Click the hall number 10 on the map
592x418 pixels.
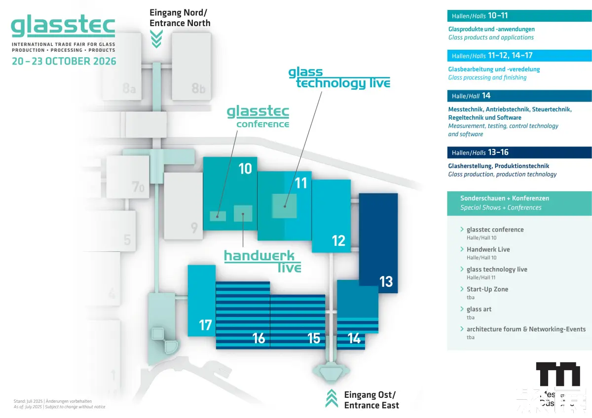(x=245, y=169)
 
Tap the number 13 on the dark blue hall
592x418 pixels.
(x=386, y=281)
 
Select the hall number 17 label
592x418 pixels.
(x=205, y=325)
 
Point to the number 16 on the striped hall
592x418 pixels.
(x=259, y=338)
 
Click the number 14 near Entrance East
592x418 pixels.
(x=354, y=339)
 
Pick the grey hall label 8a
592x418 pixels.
(x=129, y=89)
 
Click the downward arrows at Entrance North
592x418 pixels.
(x=156, y=39)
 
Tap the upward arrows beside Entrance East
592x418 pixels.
(x=332, y=398)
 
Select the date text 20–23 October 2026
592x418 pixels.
(x=64, y=62)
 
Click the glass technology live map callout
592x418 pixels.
(x=339, y=78)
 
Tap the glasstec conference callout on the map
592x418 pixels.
(x=258, y=117)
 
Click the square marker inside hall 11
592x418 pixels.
(x=284, y=206)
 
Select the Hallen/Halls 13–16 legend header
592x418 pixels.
(x=519, y=152)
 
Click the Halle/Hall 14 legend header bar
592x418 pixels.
(x=519, y=96)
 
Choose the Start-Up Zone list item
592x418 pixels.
(x=487, y=289)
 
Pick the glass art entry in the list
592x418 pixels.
(x=479, y=309)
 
